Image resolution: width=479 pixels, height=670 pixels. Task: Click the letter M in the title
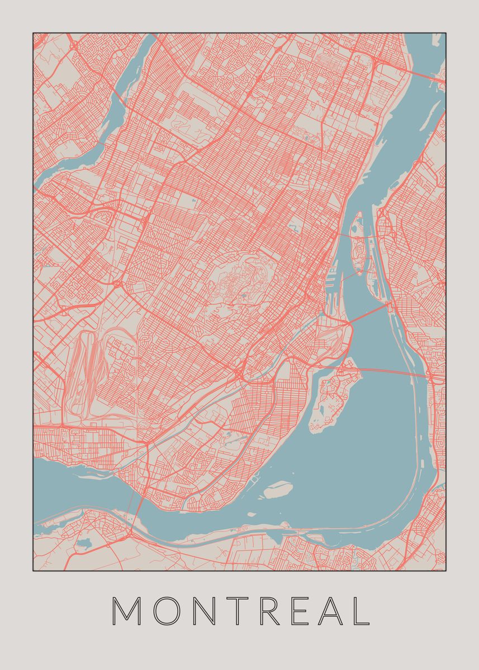point(127,611)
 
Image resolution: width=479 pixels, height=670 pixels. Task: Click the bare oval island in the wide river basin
point(278,490)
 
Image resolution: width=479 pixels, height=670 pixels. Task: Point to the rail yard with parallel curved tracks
point(87,368)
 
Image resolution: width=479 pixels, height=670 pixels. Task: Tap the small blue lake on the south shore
point(84,542)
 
